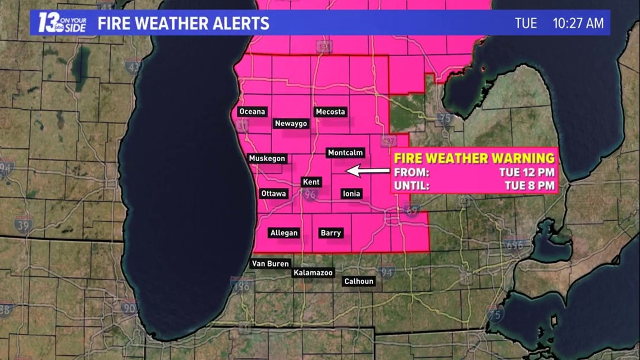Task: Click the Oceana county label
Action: click(252, 112)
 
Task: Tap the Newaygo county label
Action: click(291, 124)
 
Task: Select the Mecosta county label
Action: click(330, 112)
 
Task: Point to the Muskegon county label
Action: click(267, 158)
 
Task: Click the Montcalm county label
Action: click(346, 153)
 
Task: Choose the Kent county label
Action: click(311, 182)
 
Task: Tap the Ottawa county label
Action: click(274, 194)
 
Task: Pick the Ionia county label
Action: click(351, 194)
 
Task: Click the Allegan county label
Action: click(284, 233)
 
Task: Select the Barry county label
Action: click(331, 233)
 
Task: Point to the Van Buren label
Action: click(270, 263)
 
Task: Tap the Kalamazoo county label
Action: click(313, 273)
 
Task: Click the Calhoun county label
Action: click(359, 281)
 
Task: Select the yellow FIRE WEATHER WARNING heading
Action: click(474, 158)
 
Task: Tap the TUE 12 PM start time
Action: click(527, 172)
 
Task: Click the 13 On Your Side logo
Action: click(60, 23)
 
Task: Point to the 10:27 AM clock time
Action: click(578, 24)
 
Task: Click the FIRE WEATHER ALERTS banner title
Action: click(183, 24)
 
